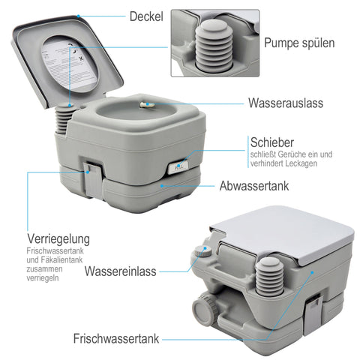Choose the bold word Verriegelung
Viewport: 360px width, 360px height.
click(x=58, y=239)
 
